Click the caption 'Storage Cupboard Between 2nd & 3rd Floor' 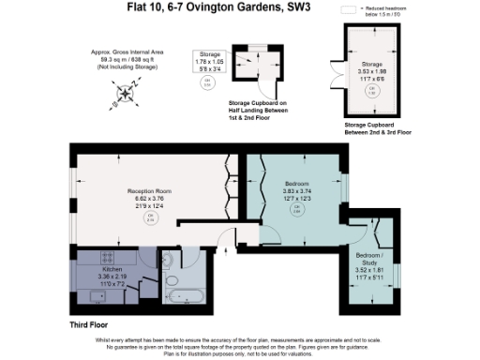point(377,127)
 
